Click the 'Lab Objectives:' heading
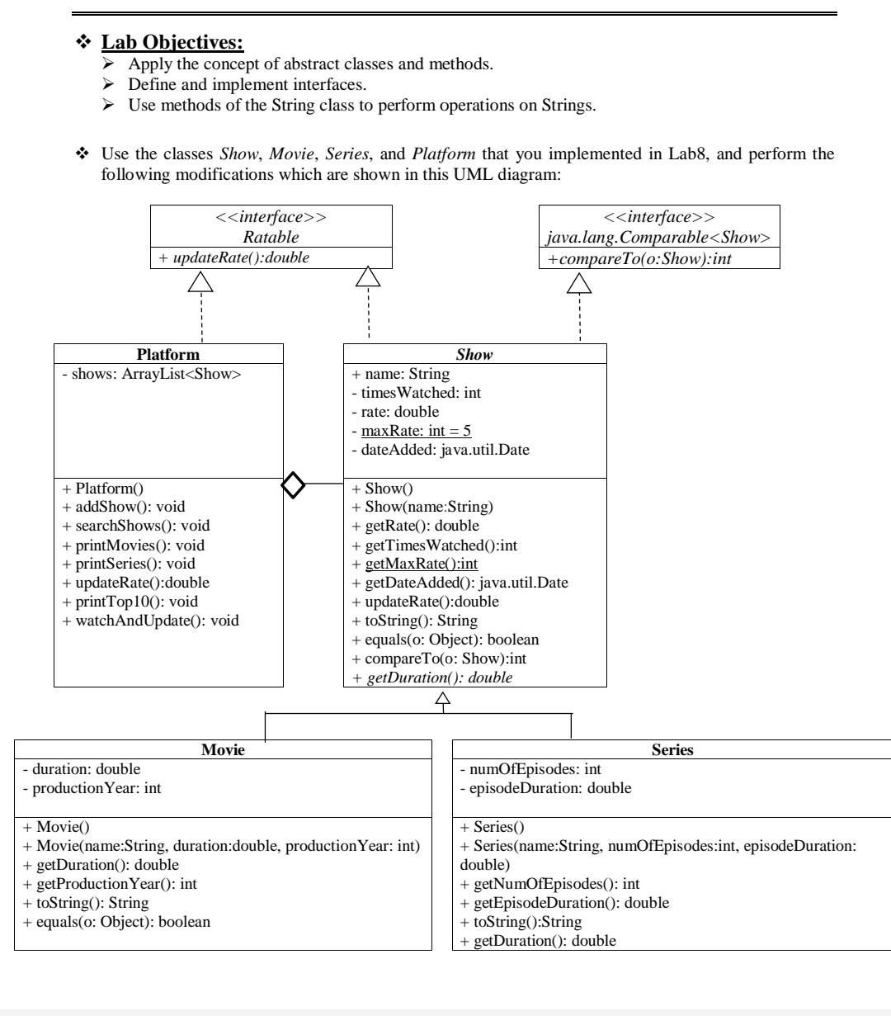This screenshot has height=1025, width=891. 172,40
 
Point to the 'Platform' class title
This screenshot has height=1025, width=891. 168,354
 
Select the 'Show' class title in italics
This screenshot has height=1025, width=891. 474,354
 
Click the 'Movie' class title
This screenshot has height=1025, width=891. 223,750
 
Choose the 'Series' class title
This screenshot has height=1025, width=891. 672,750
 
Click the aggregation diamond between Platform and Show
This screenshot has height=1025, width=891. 294,484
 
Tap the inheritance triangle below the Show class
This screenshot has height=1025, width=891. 443,701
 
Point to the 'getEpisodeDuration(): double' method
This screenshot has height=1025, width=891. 564,902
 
